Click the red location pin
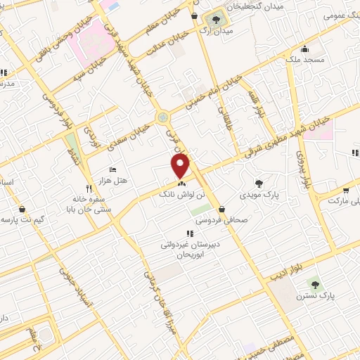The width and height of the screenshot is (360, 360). click(181, 166)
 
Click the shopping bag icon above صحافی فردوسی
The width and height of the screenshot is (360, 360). click(222, 209)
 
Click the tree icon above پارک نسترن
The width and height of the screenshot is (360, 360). click(314, 283)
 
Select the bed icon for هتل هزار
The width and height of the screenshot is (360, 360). click(113, 169)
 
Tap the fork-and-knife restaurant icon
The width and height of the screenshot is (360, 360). click(88, 188)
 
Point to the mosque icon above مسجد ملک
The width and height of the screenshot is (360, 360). click(304, 49)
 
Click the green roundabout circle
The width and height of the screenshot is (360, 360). click(163, 116)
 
